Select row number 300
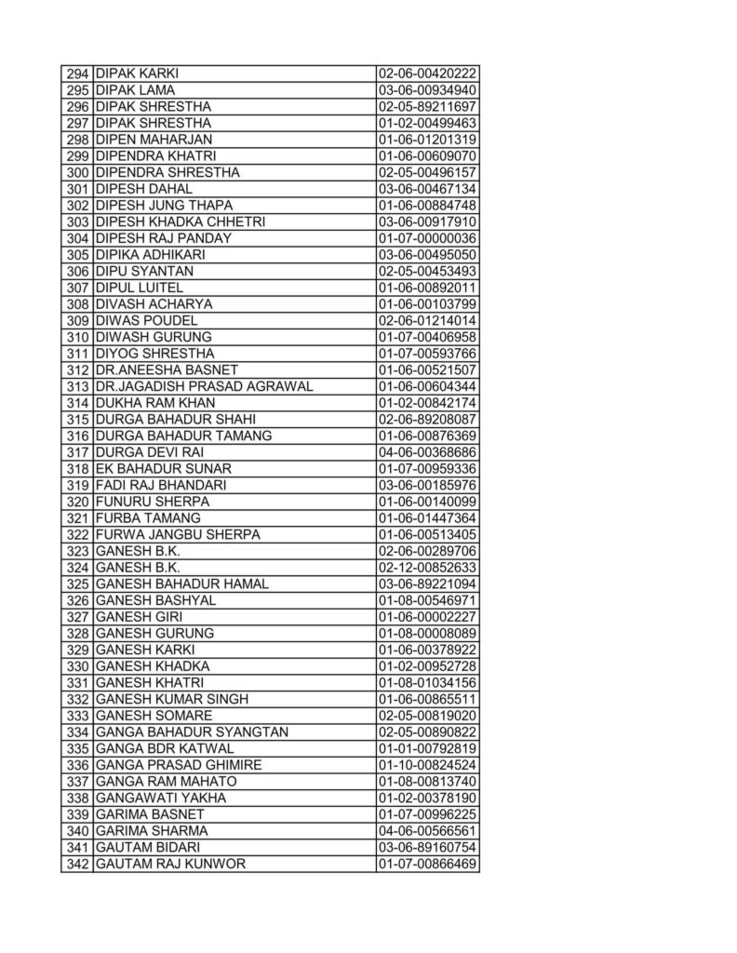coord(77,172)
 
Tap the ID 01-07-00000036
coord(427,238)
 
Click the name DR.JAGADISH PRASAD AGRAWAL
coord(204,386)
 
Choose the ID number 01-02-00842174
coord(427,403)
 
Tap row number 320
coord(77,502)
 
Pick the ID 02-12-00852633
coord(427,568)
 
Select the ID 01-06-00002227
coord(427,617)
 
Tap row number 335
coord(77,748)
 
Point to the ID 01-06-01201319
coord(427,140)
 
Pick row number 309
coord(77,320)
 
